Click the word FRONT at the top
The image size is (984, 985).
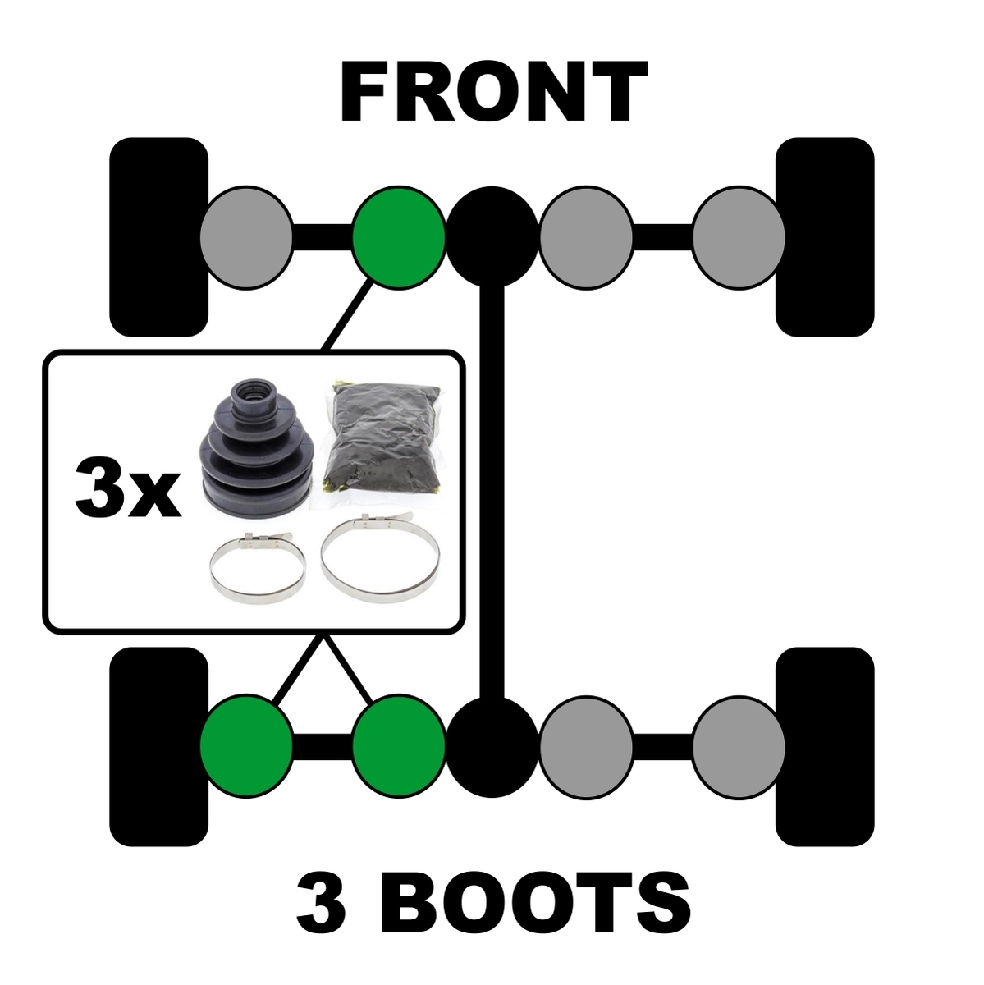point(494,92)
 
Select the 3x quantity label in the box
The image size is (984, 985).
point(128,487)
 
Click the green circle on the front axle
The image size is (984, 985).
point(399,237)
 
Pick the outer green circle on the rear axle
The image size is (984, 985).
point(246,746)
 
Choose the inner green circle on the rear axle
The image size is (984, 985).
point(399,746)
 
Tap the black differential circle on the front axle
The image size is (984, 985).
point(492,237)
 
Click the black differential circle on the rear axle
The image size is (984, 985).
point(492,746)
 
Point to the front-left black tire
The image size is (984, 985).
point(159,236)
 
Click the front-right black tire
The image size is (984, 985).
point(825,236)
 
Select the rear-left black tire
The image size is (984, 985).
point(159,747)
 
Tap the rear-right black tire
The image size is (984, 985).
point(825,747)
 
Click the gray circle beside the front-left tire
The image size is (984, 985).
point(246,237)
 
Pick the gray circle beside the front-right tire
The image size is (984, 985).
point(739,237)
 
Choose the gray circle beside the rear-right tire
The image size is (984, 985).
point(739,746)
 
